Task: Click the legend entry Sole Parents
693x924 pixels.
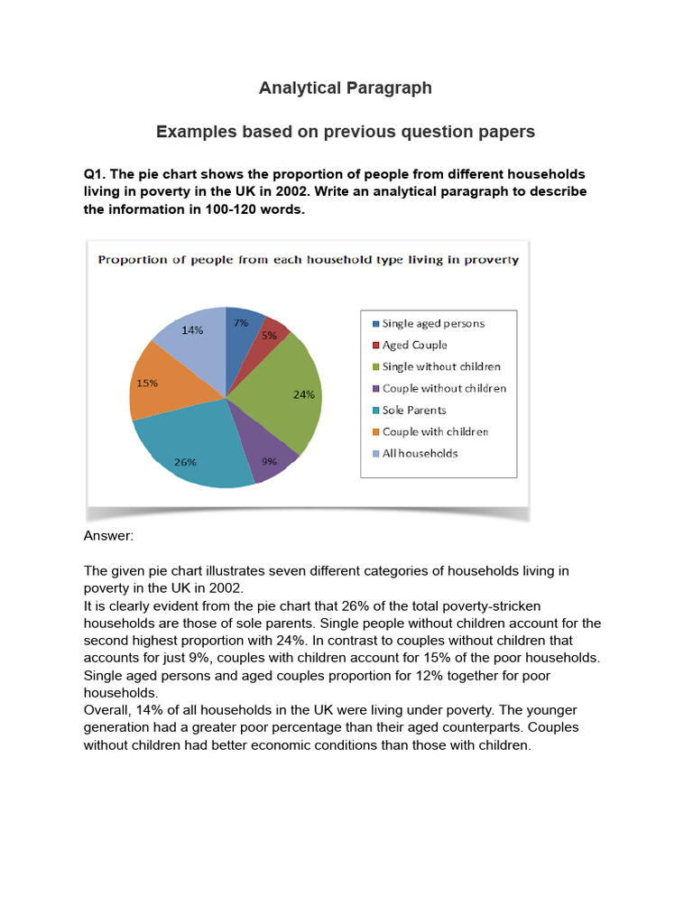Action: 413,410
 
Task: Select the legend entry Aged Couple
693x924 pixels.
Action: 414,345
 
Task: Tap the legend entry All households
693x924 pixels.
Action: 420,453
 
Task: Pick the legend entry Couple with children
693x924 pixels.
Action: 435,431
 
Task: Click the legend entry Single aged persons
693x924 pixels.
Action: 433,323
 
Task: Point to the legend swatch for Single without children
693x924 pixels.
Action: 375,367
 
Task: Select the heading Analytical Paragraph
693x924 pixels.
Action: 346,88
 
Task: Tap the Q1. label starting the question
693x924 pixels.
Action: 95,173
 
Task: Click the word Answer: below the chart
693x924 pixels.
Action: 108,536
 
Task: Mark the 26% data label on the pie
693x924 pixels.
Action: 186,461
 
